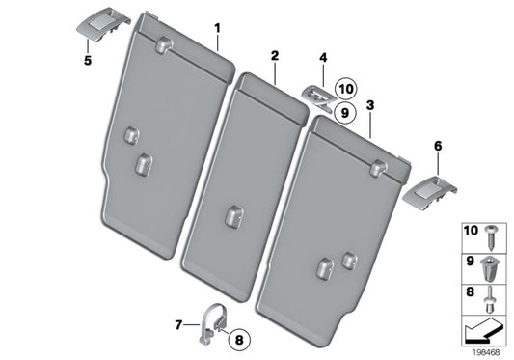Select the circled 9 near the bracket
pyautogui.click(x=345, y=111)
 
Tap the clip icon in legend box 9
pyautogui.click(x=494, y=263)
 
